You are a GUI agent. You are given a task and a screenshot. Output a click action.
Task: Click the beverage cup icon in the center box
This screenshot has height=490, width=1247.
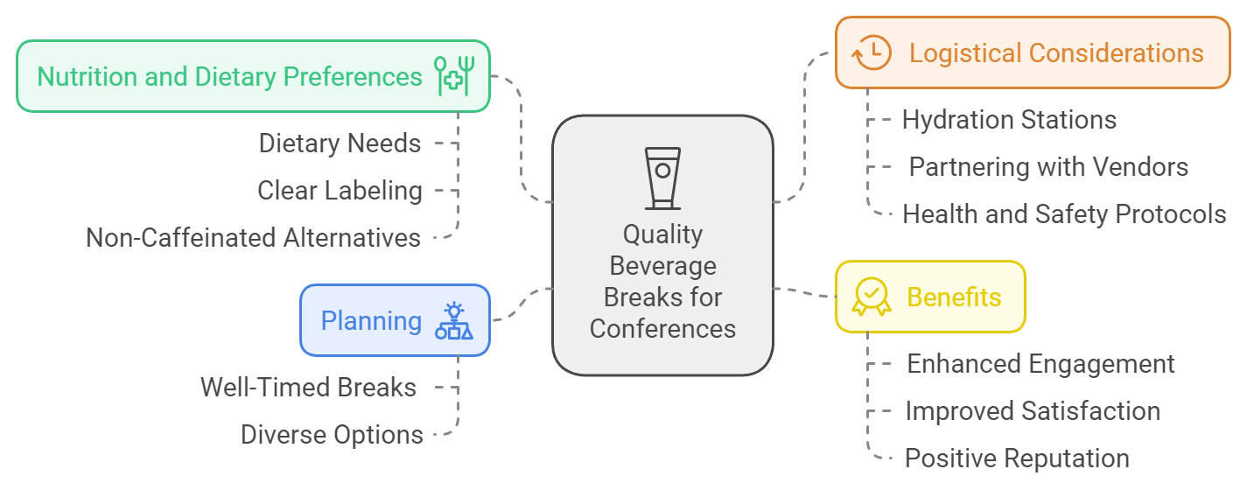[x=662, y=178]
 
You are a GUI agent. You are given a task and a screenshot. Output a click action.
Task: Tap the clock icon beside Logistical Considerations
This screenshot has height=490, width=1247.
[x=871, y=53]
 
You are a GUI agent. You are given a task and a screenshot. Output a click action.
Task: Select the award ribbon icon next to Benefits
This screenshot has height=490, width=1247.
[x=871, y=297]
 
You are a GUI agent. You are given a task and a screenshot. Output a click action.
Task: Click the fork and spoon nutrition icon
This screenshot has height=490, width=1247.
[x=453, y=76]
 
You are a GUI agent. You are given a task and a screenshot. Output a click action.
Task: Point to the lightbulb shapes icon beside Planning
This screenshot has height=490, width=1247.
[x=453, y=321]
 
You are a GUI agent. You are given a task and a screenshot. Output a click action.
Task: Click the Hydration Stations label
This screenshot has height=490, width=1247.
[x=1009, y=120]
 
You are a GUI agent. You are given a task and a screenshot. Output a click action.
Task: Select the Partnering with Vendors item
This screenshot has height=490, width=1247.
[x=1048, y=166]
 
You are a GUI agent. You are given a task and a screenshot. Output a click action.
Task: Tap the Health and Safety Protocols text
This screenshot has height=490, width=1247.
[x=1064, y=213]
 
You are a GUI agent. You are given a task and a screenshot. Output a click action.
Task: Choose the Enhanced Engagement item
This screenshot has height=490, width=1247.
[x=1040, y=363]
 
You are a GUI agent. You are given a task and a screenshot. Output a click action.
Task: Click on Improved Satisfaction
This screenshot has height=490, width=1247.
[x=1033, y=410]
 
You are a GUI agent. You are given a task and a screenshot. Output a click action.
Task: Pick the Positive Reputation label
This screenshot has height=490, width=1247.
[x=1017, y=458]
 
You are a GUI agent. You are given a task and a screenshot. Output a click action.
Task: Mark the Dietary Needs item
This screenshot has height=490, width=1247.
[x=340, y=143]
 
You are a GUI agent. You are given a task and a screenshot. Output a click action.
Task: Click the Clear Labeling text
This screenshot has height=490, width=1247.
[x=340, y=190]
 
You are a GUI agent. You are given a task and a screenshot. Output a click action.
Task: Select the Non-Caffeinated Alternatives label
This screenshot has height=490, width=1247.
[x=253, y=237]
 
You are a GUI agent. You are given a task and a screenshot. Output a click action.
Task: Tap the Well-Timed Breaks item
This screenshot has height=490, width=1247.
[x=308, y=387]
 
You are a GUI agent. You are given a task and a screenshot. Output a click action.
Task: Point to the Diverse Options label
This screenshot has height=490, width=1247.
[x=332, y=434]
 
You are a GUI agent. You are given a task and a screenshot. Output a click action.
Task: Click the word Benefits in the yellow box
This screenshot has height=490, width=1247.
[x=954, y=297]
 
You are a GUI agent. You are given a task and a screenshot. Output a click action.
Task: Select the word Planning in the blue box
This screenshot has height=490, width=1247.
[x=371, y=321]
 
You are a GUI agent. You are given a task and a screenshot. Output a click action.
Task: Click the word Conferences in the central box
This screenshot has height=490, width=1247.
[x=662, y=329]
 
